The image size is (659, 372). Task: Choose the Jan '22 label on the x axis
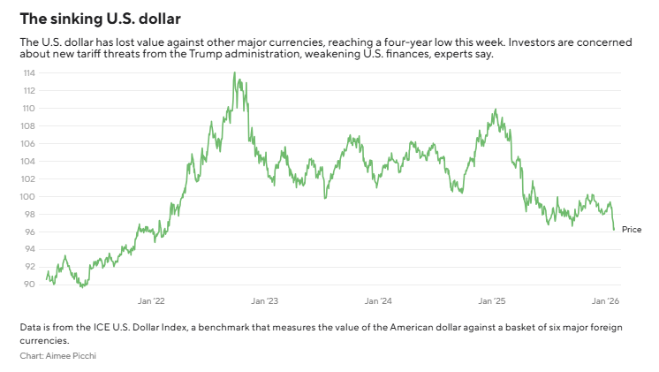coord(153,300)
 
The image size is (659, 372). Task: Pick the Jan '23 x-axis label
coord(266,300)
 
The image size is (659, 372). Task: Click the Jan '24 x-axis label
coord(379,300)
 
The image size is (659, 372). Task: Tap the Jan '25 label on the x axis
coord(492,300)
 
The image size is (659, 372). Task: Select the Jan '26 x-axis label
coord(605,300)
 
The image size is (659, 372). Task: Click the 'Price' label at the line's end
coord(632,229)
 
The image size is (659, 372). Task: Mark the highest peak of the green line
coord(234,73)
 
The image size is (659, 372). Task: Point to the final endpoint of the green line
coord(614,230)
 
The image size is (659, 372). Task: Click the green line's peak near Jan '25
coord(495,110)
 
